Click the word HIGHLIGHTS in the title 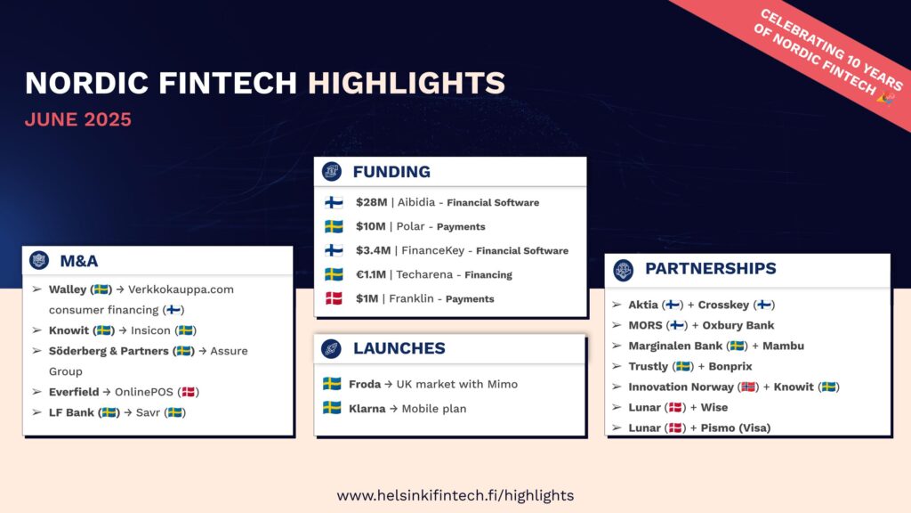[406, 83]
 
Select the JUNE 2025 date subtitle [78, 119]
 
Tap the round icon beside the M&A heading [39, 261]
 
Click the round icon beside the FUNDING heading [332, 172]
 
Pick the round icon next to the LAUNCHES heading [331, 348]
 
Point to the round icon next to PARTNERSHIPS [624, 269]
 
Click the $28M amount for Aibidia [371, 202]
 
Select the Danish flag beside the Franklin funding [334, 298]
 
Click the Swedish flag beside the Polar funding [334, 226]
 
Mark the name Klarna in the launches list [367, 409]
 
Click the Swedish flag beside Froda [332, 384]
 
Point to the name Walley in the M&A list [68, 289]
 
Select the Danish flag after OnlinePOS [189, 392]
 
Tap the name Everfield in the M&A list [74, 392]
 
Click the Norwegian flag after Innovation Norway [748, 387]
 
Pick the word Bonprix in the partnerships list [730, 366]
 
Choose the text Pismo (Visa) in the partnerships [736, 428]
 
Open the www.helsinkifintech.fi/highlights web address [455, 495]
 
